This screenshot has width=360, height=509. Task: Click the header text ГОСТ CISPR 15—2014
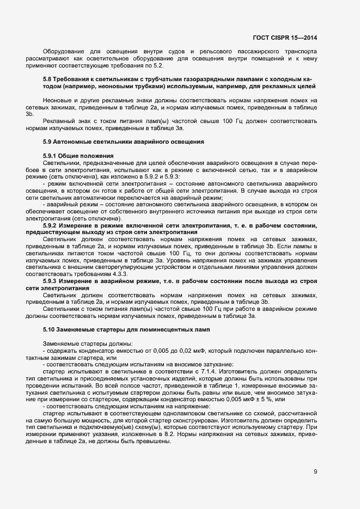(285, 38)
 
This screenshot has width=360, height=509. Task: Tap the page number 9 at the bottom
(315, 471)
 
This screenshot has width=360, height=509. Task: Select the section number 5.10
(48, 330)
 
